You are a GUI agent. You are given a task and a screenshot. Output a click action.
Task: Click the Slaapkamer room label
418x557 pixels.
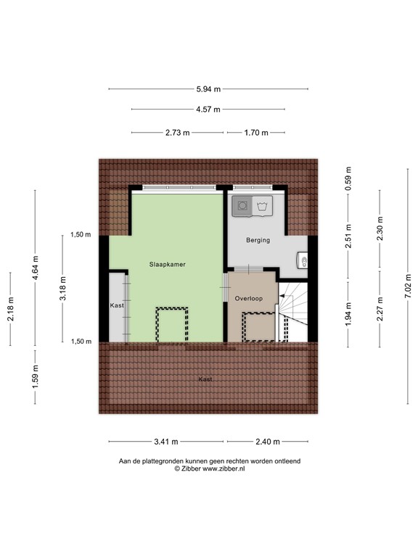point(168,265)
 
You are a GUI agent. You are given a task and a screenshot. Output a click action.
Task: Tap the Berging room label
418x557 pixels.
point(258,240)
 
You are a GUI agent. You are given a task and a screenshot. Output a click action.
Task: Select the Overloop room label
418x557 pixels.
point(249,298)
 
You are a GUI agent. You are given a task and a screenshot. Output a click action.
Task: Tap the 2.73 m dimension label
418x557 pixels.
point(177,133)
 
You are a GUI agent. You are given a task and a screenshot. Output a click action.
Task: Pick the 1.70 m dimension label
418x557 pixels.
point(255,133)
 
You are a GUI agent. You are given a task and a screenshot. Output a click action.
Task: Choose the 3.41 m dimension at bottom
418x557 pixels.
point(166,442)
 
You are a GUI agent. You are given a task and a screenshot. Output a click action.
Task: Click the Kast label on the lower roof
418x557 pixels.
point(206,379)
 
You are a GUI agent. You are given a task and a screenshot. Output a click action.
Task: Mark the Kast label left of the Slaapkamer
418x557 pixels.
point(117,305)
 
